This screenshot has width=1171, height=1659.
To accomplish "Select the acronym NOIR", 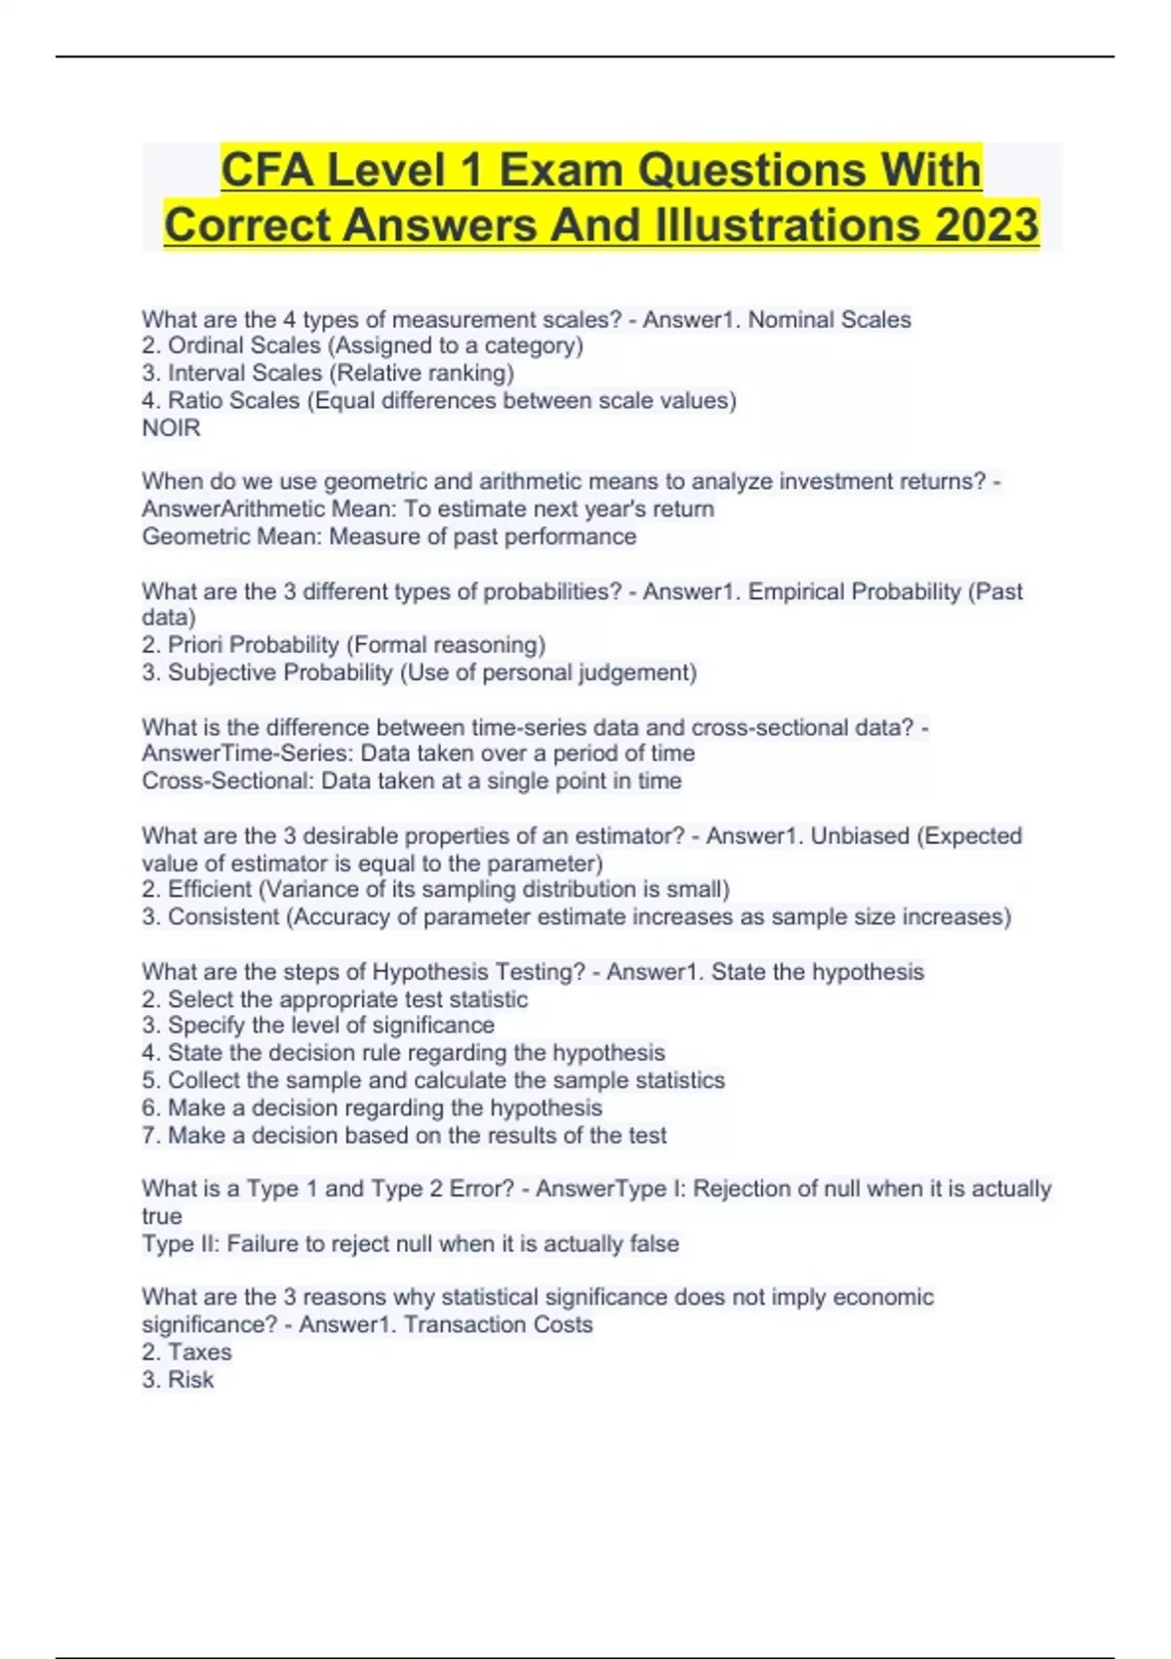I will tap(171, 428).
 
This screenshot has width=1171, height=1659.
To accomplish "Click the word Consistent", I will tap(223, 917).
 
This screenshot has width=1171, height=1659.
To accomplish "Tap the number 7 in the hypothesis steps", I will tap(147, 1136).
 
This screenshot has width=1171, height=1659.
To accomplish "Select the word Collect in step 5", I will tap(204, 1080).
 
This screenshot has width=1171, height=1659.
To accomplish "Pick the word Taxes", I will tap(200, 1353).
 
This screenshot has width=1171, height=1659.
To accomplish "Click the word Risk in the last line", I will tap(190, 1380).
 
